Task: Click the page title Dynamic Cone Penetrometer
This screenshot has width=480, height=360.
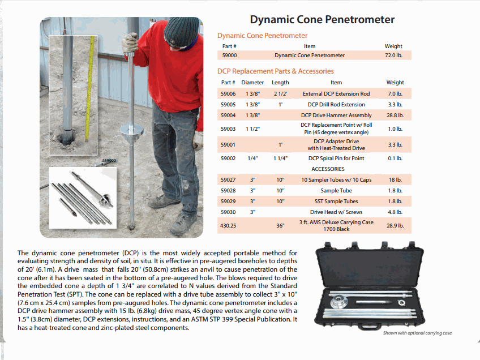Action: pyautogui.click(x=322, y=20)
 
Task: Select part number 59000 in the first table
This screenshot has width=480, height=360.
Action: pyautogui.click(x=229, y=55)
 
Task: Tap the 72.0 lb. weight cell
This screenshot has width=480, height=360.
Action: pyautogui.click(x=393, y=55)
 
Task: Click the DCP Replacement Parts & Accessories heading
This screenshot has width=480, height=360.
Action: pyautogui.click(x=275, y=71)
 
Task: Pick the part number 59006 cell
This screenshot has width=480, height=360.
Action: pyautogui.click(x=228, y=93)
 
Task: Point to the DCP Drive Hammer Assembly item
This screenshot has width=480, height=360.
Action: pyautogui.click(x=336, y=115)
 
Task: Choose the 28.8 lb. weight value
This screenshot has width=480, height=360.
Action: pyautogui.click(x=395, y=115)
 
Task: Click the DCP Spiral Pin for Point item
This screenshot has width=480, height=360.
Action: pyautogui.click(x=336, y=158)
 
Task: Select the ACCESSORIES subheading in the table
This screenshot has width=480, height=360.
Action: pyautogui.click(x=328, y=169)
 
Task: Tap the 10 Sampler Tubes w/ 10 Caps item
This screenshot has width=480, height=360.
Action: pyautogui.click(x=336, y=180)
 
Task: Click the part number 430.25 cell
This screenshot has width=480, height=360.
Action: pyautogui.click(x=228, y=226)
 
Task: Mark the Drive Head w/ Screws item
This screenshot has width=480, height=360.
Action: pyautogui.click(x=336, y=212)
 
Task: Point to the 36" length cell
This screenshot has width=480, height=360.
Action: pyautogui.click(x=280, y=226)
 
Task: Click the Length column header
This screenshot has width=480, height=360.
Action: pyautogui.click(x=280, y=83)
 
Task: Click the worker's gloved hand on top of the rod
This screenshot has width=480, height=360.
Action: pyautogui.click(x=131, y=42)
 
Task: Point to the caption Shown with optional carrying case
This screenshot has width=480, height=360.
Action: pyautogui.click(x=418, y=333)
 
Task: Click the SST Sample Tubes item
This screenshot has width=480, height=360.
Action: pyautogui.click(x=336, y=202)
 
